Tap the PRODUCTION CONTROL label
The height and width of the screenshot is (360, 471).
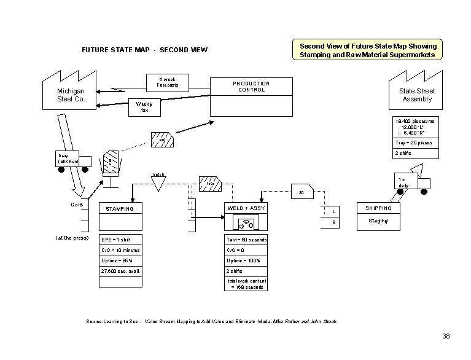[251, 87]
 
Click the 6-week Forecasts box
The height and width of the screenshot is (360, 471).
[168, 82]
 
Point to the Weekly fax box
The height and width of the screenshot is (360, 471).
[144, 107]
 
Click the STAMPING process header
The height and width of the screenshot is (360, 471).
[120, 208]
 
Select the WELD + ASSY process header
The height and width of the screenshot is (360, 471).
[246, 208]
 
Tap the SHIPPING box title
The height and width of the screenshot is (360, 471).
[378, 208]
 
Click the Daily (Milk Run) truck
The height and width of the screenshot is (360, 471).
[73, 160]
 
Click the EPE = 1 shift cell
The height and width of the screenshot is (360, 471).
[120, 239]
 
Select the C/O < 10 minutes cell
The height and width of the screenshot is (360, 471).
[120, 250]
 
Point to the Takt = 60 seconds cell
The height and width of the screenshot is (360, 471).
[246, 239]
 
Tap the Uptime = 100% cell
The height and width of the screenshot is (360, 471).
[246, 260]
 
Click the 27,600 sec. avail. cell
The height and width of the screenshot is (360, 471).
[120, 271]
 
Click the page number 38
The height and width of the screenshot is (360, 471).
[446, 335]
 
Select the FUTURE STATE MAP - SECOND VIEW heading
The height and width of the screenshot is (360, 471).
[145, 50]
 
